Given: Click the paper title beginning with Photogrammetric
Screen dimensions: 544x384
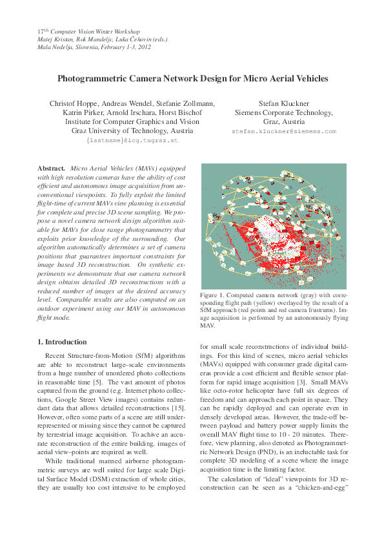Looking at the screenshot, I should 192,79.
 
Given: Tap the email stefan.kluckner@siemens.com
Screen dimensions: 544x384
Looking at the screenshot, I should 284,131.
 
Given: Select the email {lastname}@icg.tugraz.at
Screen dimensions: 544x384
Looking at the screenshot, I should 132,140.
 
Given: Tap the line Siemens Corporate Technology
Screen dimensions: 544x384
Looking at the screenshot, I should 284,112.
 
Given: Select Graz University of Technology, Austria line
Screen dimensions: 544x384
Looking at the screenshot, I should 132,131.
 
